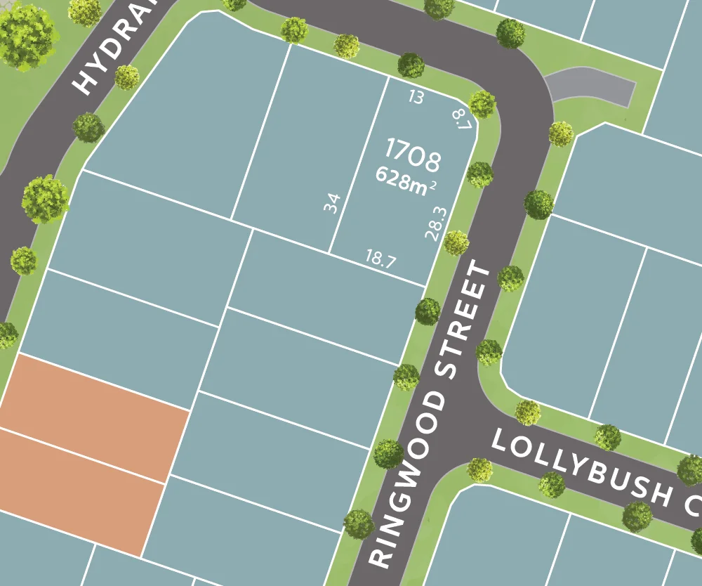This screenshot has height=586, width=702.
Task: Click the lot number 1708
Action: pyautogui.click(x=413, y=155)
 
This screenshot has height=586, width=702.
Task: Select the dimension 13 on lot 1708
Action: pyautogui.click(x=416, y=98)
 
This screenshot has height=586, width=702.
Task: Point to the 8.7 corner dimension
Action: pyautogui.click(x=462, y=119)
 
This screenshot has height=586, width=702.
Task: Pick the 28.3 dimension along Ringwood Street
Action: pyautogui.click(x=436, y=222)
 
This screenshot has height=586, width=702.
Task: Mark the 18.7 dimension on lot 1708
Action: pyautogui.click(x=380, y=259)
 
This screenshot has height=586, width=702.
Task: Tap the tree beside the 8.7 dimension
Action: pyautogui.click(x=482, y=104)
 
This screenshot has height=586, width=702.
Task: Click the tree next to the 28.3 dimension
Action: pyautogui.click(x=456, y=243)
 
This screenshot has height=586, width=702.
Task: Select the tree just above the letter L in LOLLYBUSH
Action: pyautogui.click(x=527, y=412)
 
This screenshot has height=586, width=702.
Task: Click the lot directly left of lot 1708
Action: pyautogui.click(x=309, y=141)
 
